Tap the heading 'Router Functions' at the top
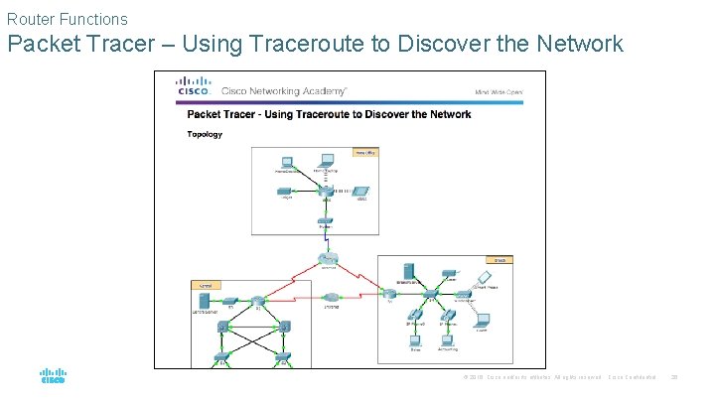[67, 19]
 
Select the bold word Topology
[205, 134]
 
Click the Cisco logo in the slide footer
[53, 377]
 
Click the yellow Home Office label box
[365, 153]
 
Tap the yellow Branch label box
[502, 260]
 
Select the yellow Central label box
[207, 285]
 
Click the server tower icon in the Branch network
[408, 269]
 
